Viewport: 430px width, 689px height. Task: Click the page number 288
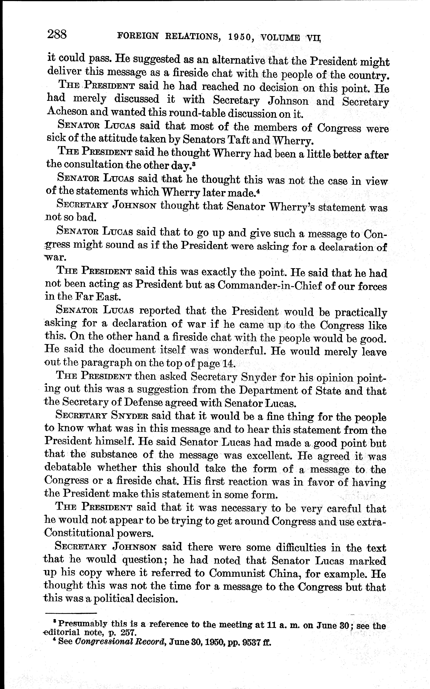[57, 35]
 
